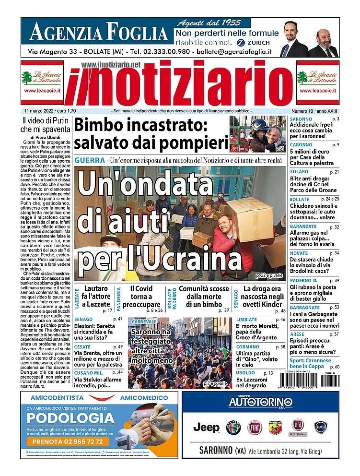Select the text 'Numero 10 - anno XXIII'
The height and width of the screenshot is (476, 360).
coord(315,111)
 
